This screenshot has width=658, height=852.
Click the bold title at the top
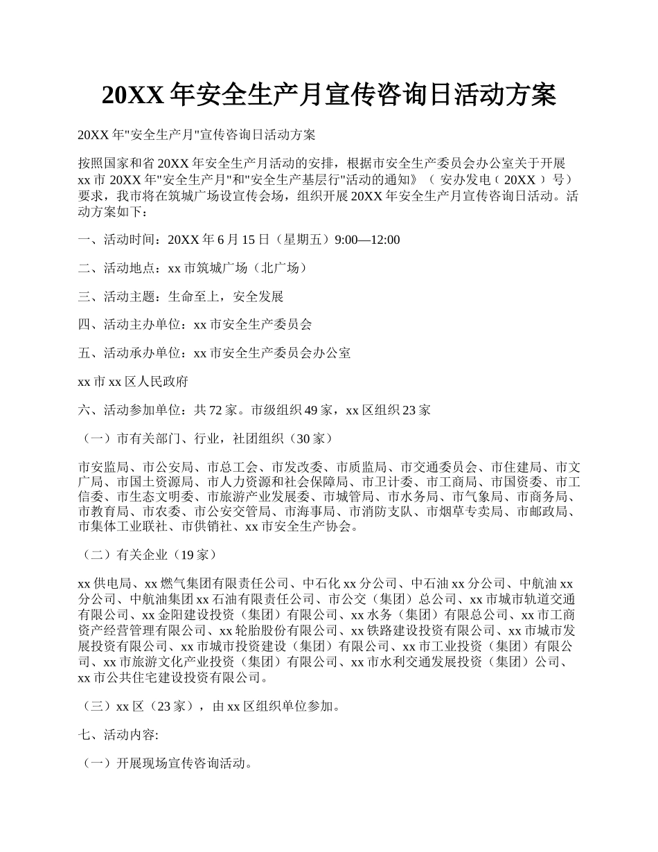328,96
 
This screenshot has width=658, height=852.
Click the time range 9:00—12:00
367,240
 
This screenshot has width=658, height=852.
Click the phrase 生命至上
193,296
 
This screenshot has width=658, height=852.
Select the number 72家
222,409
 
